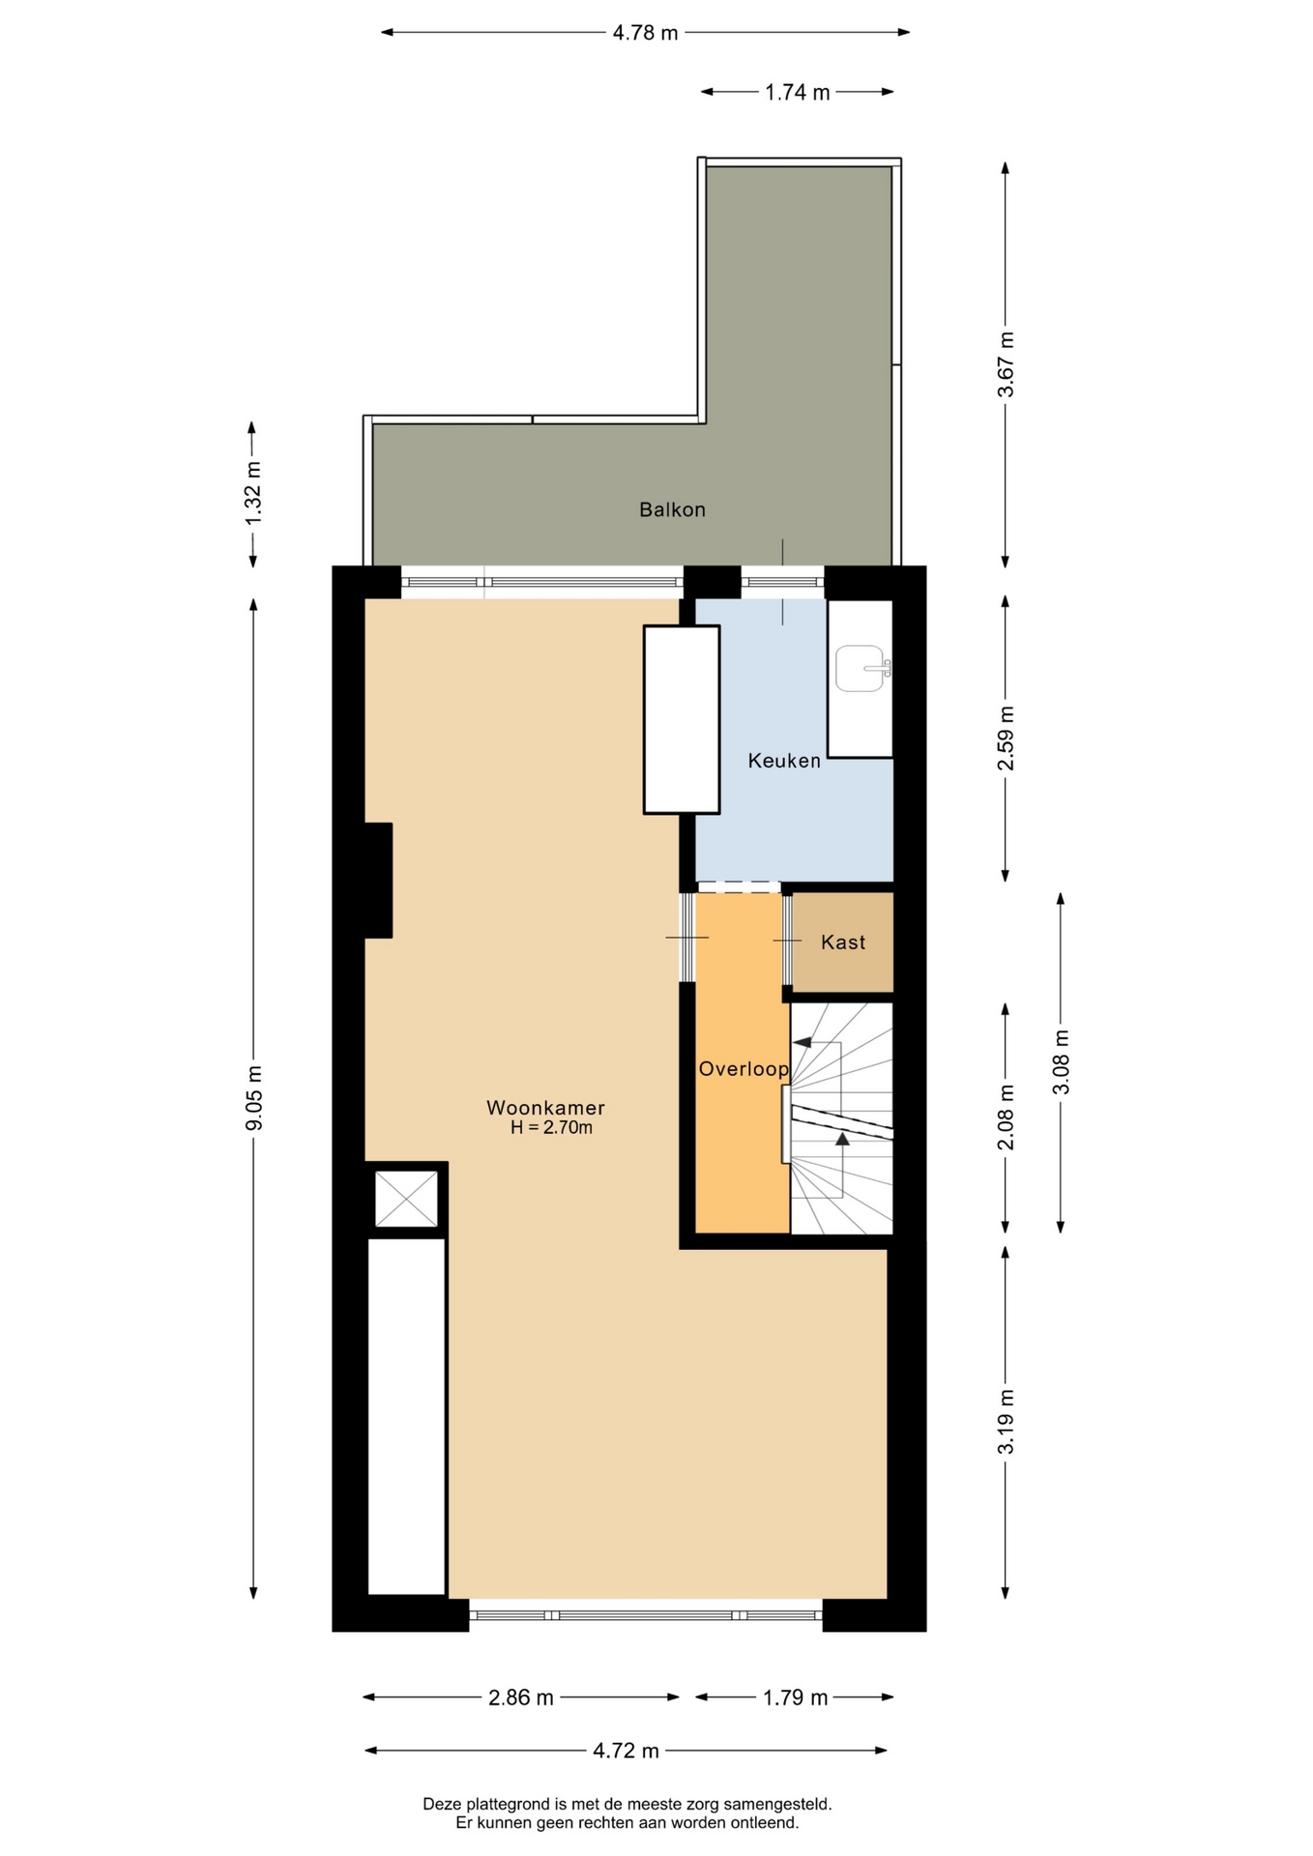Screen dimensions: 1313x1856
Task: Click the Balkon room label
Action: (672, 509)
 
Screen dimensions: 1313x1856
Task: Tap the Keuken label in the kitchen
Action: (784, 761)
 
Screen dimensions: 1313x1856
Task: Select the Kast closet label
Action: (843, 942)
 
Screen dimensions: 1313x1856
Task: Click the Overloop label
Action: (744, 1069)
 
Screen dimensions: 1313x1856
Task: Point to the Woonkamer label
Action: (545, 1108)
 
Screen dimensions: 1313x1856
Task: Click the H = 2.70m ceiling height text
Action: (551, 1127)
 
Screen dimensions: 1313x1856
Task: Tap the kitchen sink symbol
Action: (862, 669)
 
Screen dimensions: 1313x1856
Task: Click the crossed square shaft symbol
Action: (406, 1199)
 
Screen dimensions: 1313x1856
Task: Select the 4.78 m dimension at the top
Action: (645, 33)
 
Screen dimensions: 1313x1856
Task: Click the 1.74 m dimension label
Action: (798, 93)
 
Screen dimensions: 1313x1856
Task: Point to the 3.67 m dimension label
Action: (1007, 364)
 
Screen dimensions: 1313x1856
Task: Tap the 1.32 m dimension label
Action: (253, 494)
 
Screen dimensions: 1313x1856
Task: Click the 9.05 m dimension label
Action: (253, 1098)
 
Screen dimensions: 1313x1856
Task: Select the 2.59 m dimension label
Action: (1007, 739)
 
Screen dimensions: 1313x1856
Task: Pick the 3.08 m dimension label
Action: (1061, 1062)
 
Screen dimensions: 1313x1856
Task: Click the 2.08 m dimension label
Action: (1007, 1117)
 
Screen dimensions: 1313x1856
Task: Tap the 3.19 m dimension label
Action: (1007, 1421)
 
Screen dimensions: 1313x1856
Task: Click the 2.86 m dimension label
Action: (521, 1697)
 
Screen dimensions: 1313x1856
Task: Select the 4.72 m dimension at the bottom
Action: (626, 1751)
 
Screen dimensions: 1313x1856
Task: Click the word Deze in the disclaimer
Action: (442, 1804)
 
